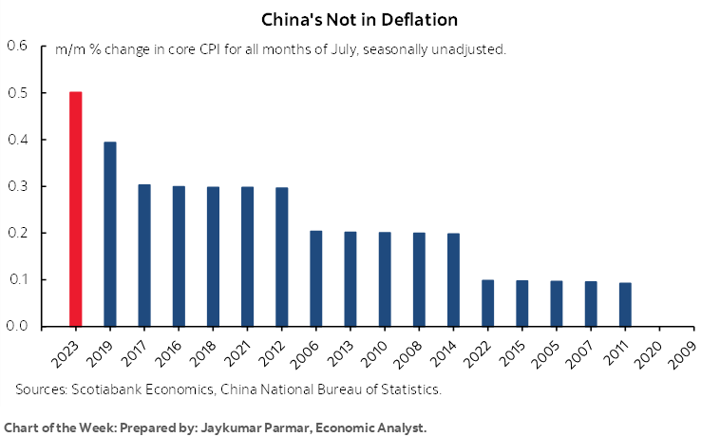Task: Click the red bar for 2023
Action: (75, 209)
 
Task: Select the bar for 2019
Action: (109, 234)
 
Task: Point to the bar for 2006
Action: (315, 278)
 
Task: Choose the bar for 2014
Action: (453, 279)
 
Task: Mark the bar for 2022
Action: (487, 303)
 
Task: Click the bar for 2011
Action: (625, 304)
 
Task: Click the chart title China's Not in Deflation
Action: (360, 18)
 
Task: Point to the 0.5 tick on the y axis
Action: (18, 93)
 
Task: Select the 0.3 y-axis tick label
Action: (18, 186)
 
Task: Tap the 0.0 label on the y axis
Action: (18, 326)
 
